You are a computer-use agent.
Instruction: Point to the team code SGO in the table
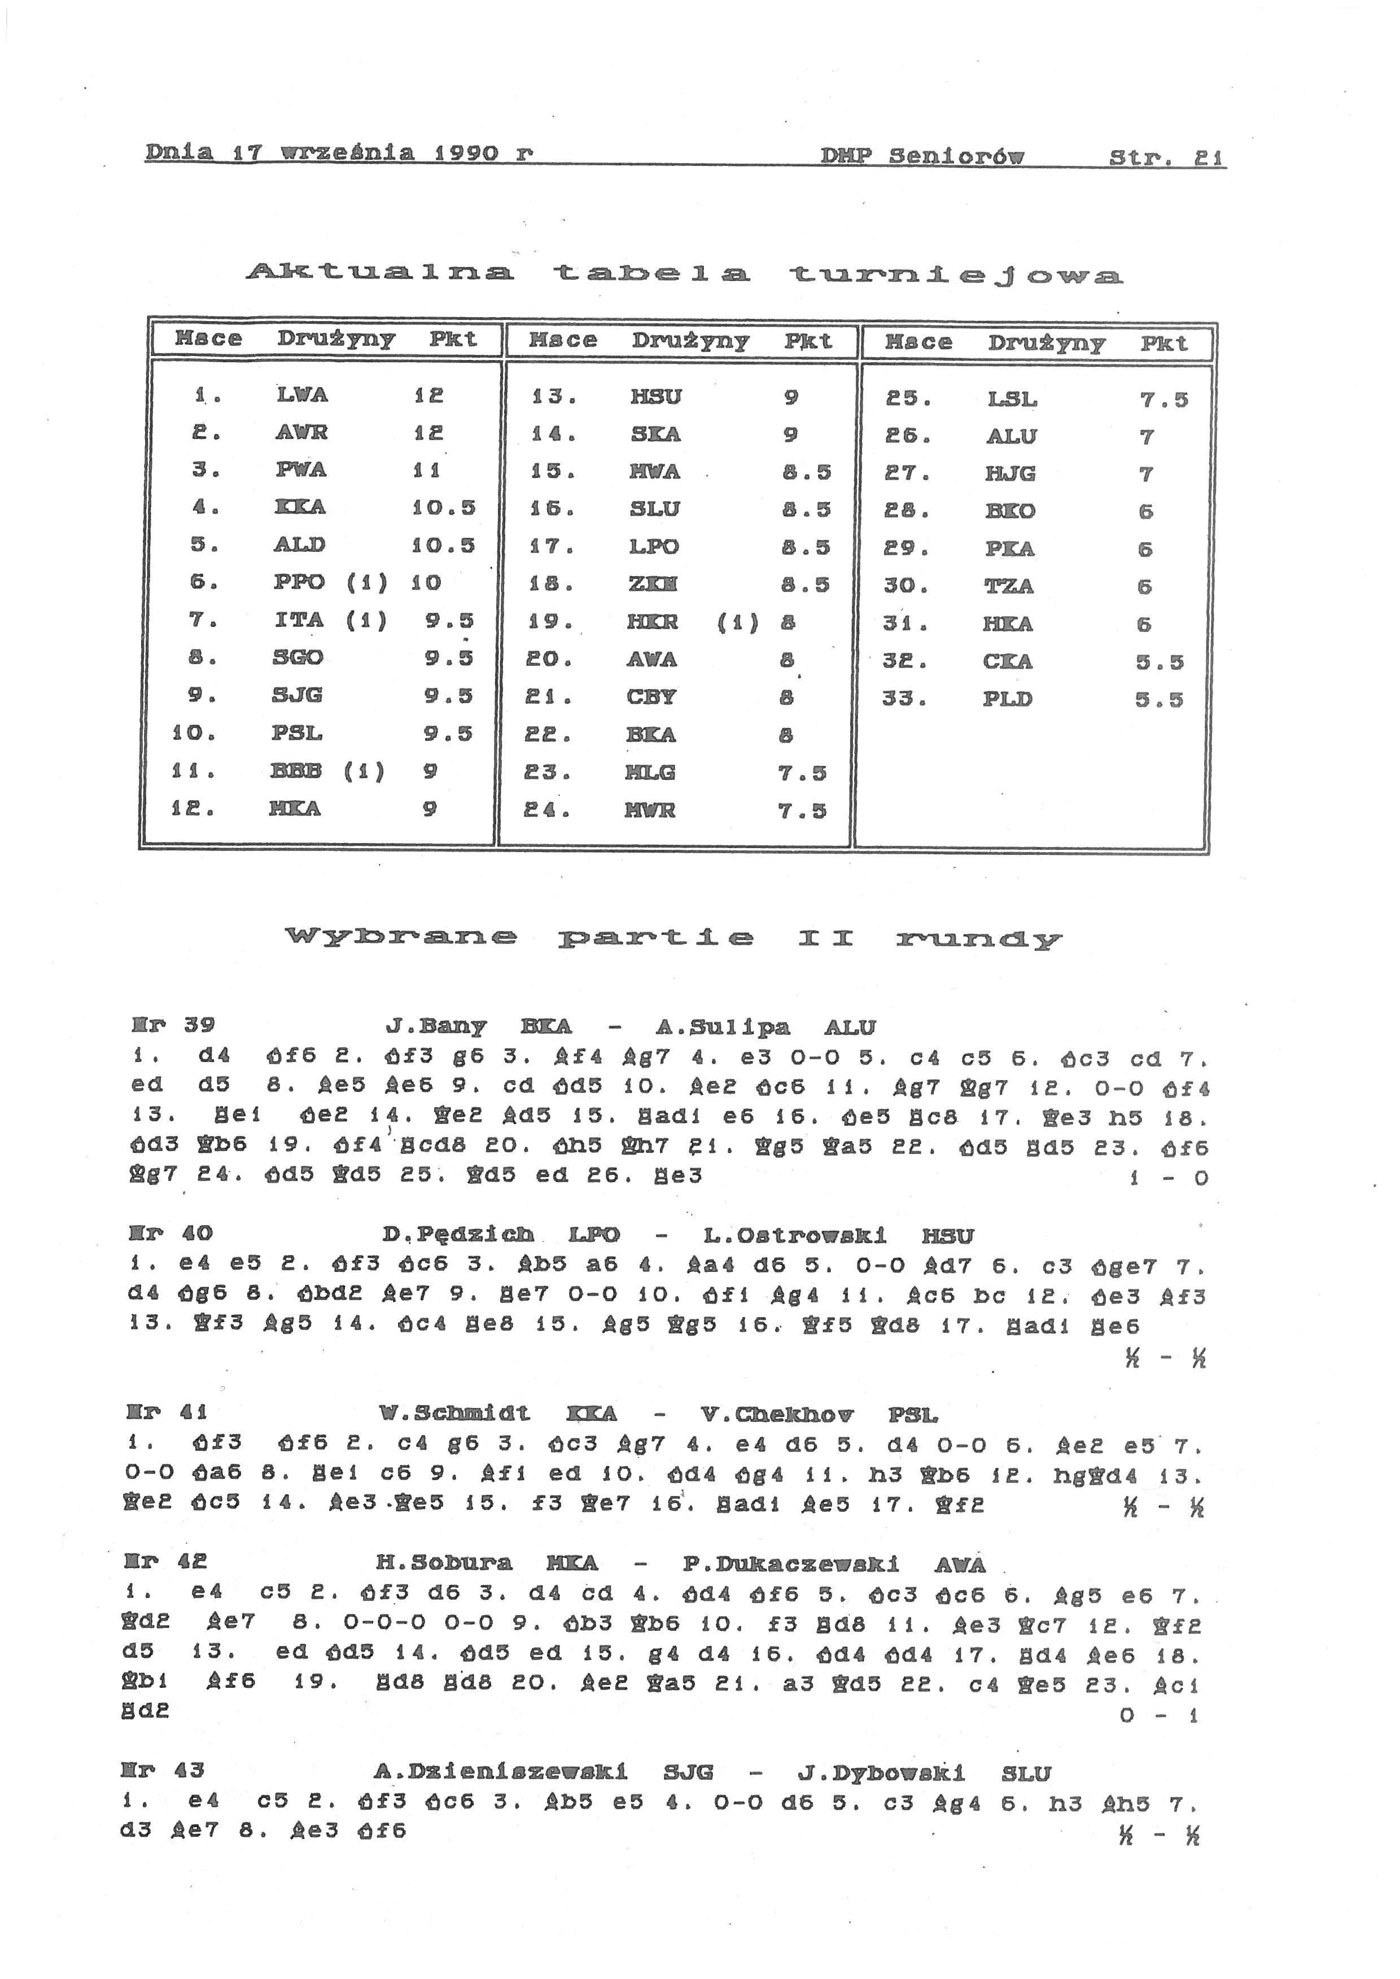[x=298, y=657]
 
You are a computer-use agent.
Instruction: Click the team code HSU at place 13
[x=656, y=397]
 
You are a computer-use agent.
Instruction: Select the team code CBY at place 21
[x=651, y=696]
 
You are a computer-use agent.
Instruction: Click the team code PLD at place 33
[x=1007, y=699]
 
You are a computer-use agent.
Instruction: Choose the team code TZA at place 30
[x=1009, y=587]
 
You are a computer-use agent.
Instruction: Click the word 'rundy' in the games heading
[x=978, y=938]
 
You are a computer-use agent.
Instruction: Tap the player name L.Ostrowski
[x=795, y=1236]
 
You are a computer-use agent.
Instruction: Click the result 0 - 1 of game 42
[x=1158, y=1715]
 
